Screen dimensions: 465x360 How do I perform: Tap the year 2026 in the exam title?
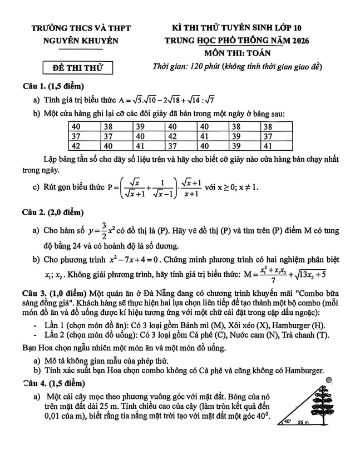[x=298, y=41]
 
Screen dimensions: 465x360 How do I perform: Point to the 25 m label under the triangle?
[x=304, y=423]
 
